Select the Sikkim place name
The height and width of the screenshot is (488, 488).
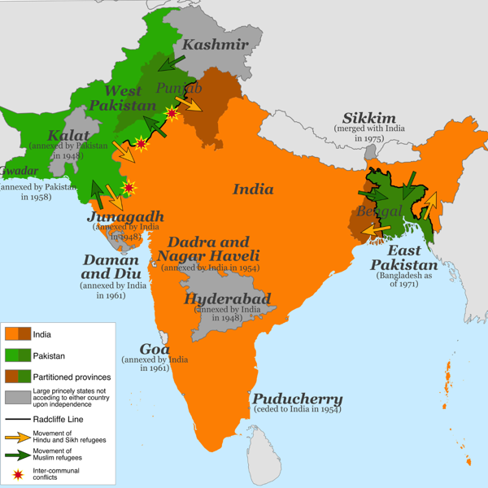click(368, 118)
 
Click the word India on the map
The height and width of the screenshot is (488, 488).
click(253, 189)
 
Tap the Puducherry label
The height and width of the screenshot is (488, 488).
click(297, 399)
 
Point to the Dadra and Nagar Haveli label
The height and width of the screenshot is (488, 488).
click(208, 250)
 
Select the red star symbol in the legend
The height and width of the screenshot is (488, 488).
click(17, 473)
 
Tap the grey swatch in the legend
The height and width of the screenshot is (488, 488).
click(17, 398)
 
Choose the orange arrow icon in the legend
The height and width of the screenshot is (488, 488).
click(17, 438)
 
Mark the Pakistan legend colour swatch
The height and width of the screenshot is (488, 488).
click(17, 355)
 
